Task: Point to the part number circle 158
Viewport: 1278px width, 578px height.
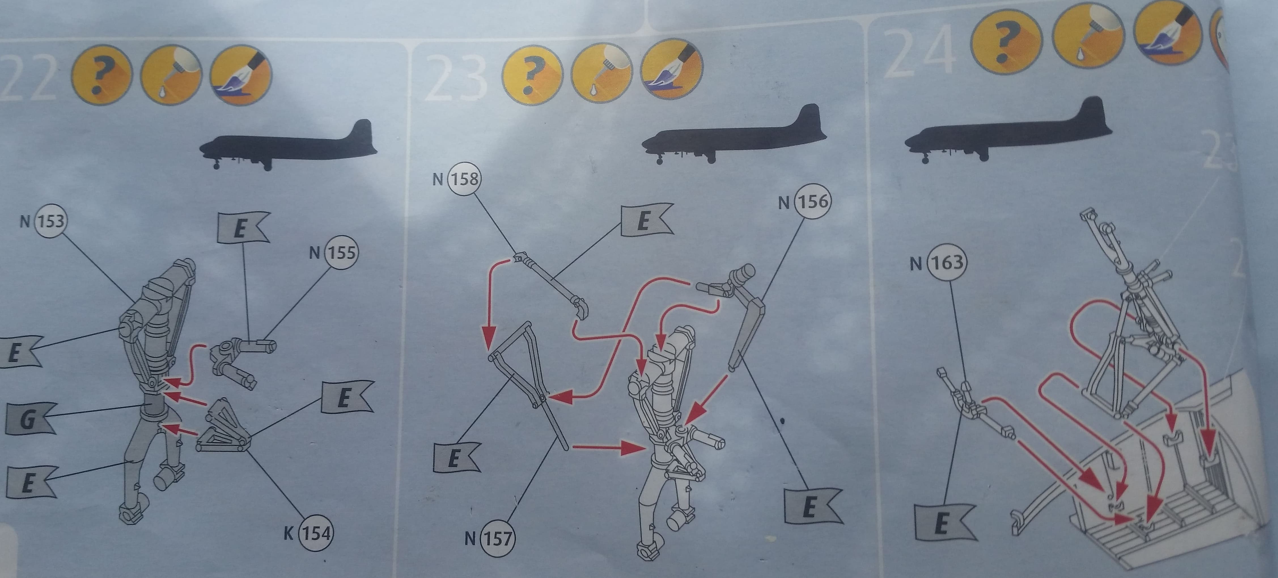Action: tap(464, 179)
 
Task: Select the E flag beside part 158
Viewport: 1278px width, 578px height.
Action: tap(645, 220)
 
